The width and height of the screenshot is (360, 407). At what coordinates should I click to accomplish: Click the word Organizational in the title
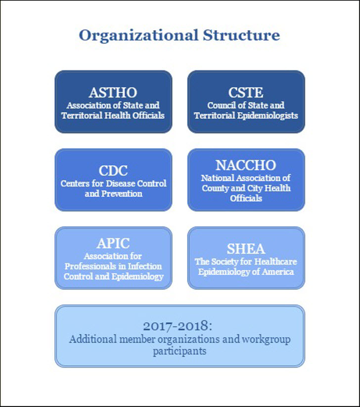coord(138,36)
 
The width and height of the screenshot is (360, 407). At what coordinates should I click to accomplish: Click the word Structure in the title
coord(241,35)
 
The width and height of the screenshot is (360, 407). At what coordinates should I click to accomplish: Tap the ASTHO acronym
coord(113,92)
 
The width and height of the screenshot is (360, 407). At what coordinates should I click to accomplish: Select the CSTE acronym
coord(246,92)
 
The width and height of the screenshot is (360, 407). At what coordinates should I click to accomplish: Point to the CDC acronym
coord(113,171)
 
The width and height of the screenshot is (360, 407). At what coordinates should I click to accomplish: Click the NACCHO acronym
coord(246,165)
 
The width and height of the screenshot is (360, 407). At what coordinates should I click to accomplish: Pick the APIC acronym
coord(113,243)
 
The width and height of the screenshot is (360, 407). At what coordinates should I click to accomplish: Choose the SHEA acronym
coord(246,249)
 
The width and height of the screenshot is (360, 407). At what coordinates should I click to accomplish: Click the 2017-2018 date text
coord(178,326)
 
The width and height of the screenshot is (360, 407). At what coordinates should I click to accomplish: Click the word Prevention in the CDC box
coord(122,194)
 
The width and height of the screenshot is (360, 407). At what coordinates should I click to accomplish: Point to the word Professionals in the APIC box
coord(90,267)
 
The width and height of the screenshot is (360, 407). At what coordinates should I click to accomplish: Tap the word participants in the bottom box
coord(180,352)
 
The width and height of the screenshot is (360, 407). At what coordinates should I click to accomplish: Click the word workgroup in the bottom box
coord(266,340)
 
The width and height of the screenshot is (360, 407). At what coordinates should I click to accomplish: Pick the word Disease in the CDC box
coord(120,183)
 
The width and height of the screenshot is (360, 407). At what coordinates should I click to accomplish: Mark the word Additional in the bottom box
coord(93,339)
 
